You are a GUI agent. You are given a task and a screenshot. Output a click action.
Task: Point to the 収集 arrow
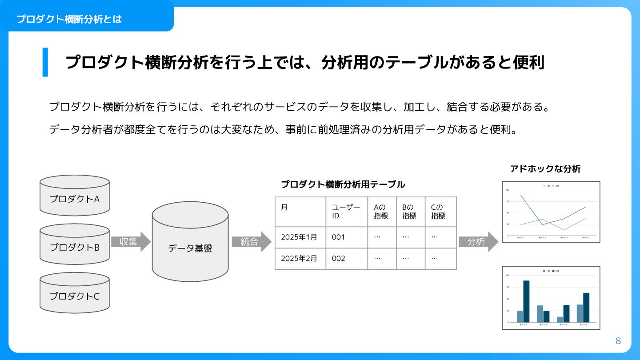(x=131, y=242)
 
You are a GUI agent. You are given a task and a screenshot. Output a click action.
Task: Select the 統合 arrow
(x=251, y=242)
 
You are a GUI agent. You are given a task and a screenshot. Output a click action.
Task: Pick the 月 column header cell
(x=300, y=212)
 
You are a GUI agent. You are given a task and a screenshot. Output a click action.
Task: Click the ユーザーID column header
(x=346, y=212)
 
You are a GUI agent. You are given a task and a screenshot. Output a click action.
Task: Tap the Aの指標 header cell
(x=381, y=212)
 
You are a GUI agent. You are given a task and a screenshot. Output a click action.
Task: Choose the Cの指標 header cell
(x=440, y=212)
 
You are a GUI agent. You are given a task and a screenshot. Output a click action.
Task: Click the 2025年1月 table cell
(x=300, y=237)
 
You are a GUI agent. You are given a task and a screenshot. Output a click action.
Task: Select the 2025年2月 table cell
(x=300, y=259)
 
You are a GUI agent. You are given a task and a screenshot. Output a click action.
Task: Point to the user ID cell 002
(x=346, y=259)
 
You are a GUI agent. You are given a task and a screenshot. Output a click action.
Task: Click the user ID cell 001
(x=346, y=237)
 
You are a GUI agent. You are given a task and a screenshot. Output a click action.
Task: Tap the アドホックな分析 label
(x=545, y=169)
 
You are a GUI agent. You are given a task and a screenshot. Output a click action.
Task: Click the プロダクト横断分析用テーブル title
(x=343, y=184)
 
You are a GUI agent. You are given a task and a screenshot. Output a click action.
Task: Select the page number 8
(x=618, y=341)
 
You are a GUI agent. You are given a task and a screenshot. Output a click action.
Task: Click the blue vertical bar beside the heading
(x=45, y=62)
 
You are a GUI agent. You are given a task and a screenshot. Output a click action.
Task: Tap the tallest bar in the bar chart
(x=526, y=301)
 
